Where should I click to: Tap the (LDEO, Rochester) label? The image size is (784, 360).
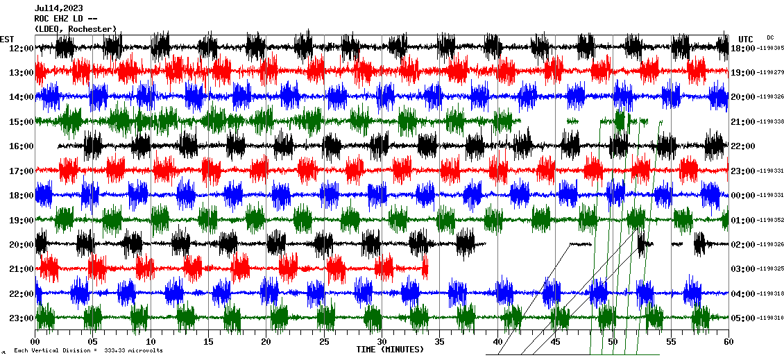tap(75, 29)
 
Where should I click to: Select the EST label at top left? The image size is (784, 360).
tap(7, 39)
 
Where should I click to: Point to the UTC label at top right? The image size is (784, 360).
tap(746, 39)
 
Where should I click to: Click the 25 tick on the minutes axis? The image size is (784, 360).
tap(324, 342)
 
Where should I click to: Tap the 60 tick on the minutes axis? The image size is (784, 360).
tap(728, 342)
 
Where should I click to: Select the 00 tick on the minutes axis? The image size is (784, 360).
tap(35, 342)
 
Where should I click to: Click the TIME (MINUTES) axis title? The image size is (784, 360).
tap(390, 350)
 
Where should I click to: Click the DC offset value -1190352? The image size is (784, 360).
tap(770, 221)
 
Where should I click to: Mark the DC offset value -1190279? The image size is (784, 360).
tap(770, 73)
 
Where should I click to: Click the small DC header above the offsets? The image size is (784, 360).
tap(770, 37)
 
